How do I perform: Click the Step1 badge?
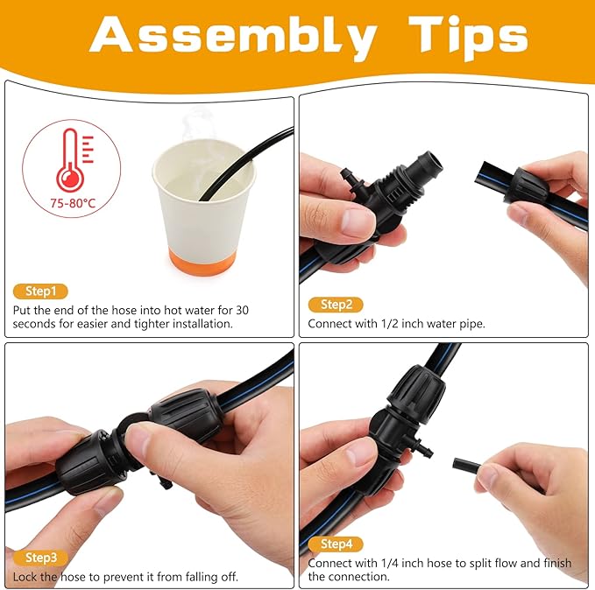39,291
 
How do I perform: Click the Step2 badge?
336,305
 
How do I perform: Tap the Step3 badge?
40,558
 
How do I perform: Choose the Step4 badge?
336,544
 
